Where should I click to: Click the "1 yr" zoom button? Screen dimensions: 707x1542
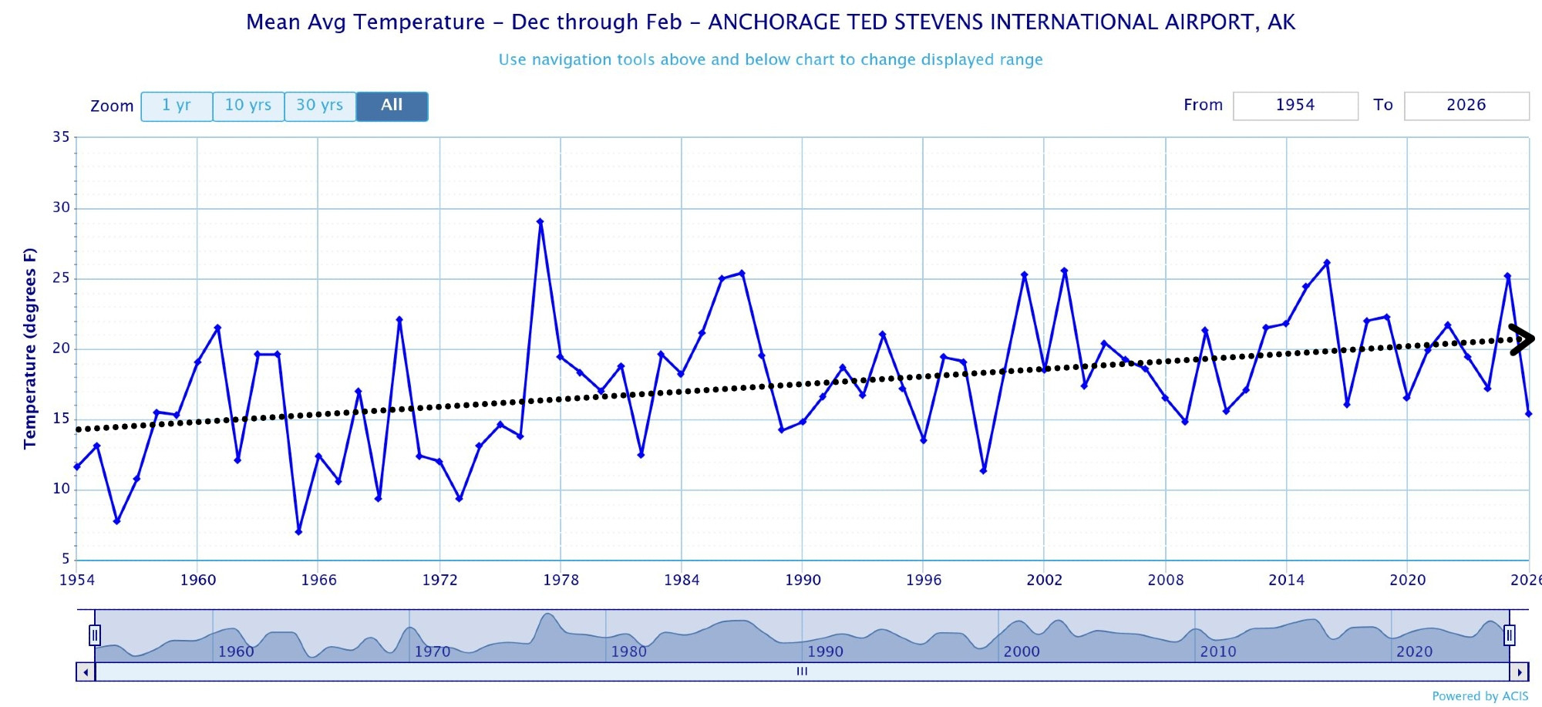[x=177, y=106]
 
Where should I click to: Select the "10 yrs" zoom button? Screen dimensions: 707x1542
[x=248, y=106]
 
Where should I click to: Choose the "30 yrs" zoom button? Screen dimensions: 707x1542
[x=320, y=106]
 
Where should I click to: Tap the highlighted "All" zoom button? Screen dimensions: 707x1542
[x=392, y=106]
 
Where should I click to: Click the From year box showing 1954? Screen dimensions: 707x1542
[x=1295, y=106]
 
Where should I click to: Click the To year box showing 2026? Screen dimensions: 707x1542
[x=1466, y=106]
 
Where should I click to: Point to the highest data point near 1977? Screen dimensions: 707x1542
[x=540, y=221]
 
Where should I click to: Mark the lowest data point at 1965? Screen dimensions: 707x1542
[x=298, y=532]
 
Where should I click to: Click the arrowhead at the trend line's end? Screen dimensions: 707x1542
[x=1522, y=338]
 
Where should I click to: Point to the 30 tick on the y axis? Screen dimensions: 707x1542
[x=61, y=207]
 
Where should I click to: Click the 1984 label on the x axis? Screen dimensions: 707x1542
[x=682, y=580]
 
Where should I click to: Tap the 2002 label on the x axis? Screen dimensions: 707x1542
[x=1044, y=580]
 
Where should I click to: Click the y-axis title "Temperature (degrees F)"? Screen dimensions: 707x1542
[x=29, y=348]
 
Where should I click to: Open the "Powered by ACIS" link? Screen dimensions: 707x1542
[x=1480, y=696]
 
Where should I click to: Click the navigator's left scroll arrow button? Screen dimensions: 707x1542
[x=86, y=672]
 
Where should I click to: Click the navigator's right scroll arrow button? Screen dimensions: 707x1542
[x=1519, y=672]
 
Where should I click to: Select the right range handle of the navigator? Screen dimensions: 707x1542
[x=1509, y=635]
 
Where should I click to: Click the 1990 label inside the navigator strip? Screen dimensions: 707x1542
[x=825, y=651]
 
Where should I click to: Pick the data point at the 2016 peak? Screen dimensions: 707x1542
[x=1327, y=263]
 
